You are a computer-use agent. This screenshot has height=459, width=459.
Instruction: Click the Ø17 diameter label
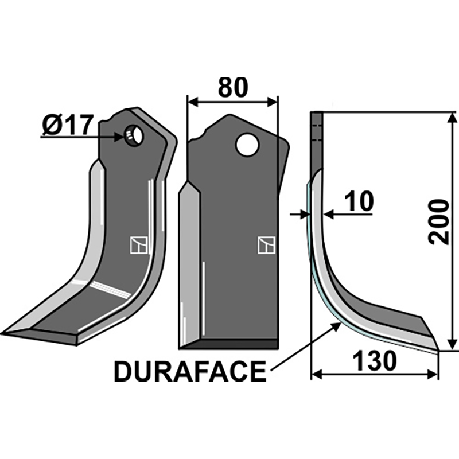tap(67, 125)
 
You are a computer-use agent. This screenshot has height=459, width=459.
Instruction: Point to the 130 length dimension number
tap(375, 361)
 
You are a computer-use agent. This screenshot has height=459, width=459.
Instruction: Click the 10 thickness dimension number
tap(360, 201)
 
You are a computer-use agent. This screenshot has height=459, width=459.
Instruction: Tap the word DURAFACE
tap(190, 372)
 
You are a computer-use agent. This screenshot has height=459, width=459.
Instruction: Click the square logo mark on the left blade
tap(138, 245)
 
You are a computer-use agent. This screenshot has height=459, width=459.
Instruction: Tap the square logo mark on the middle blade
tap(266, 245)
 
